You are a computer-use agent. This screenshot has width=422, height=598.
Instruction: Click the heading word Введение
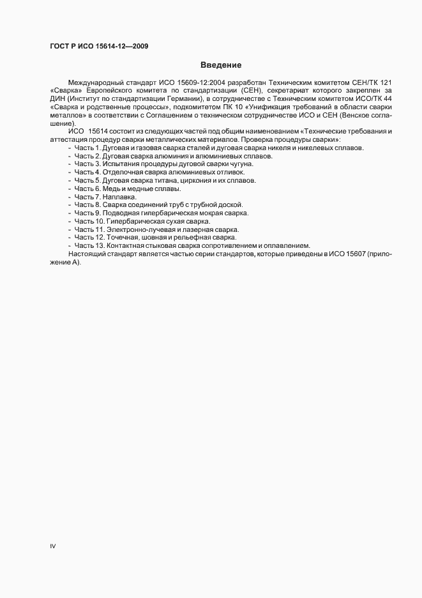[220, 65]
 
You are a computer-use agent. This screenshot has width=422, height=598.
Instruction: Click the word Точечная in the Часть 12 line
[125, 238]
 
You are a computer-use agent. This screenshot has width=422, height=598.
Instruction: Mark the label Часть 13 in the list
[90, 245]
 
